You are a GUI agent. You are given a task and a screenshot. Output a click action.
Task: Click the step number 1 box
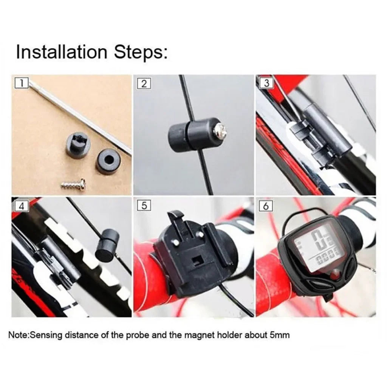tap(22, 83)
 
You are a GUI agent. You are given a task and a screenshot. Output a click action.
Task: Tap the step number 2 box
tap(144, 84)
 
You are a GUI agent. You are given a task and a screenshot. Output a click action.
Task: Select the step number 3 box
tap(266, 83)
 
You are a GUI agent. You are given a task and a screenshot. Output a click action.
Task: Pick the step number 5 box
tap(144, 206)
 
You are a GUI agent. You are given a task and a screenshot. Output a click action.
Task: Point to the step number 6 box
tap(266, 206)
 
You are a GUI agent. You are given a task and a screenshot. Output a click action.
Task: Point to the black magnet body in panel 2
tap(185, 134)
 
